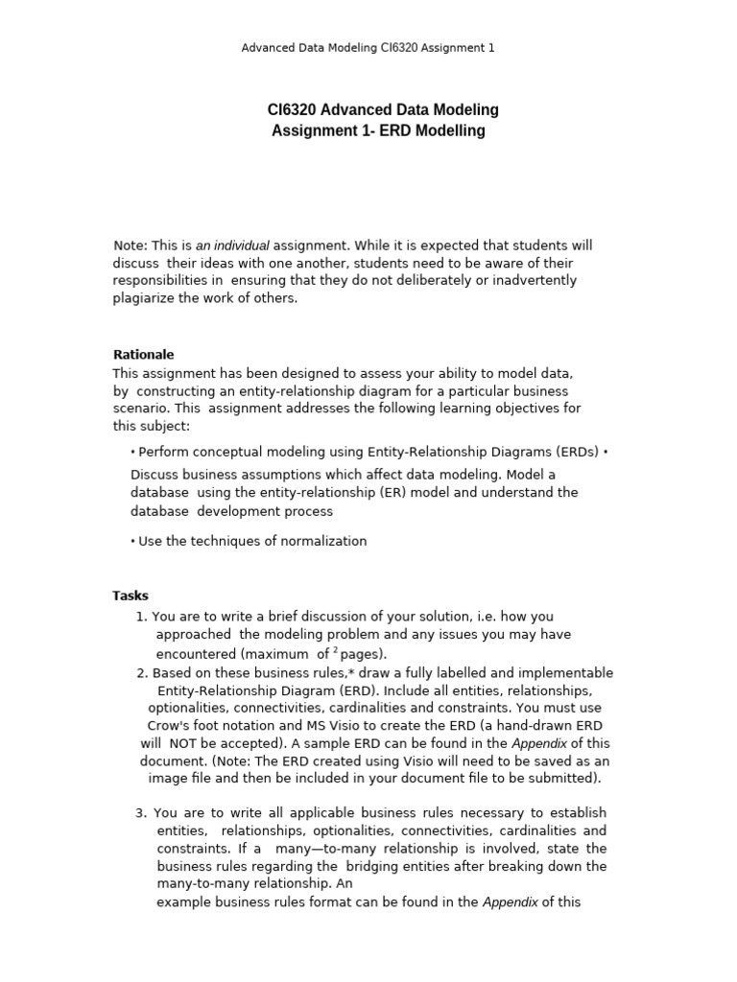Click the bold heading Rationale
143,355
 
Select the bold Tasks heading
131,596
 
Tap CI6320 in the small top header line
403,47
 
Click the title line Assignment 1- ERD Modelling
379,131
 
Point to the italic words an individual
232,245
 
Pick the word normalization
325,541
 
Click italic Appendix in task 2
539,743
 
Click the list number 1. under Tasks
142,617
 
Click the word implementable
566,673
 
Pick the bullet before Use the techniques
132,542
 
